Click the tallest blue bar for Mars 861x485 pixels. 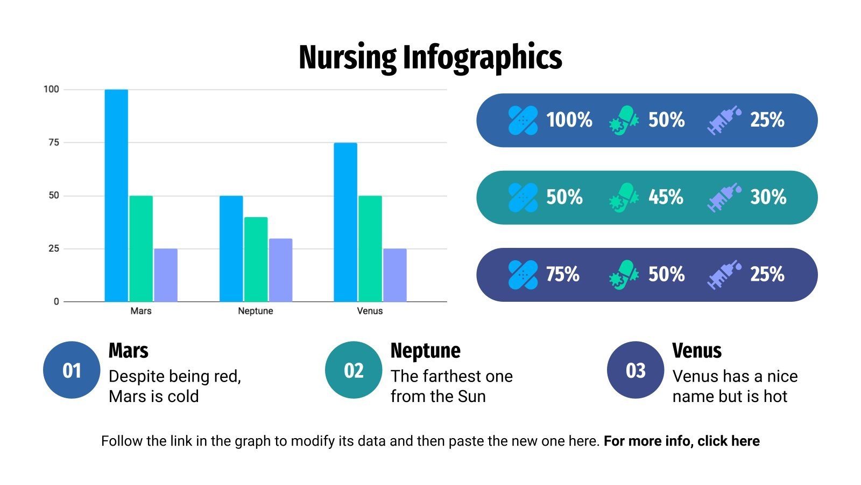pos(116,195)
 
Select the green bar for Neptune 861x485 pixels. pos(256,259)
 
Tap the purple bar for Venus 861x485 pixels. pos(394,275)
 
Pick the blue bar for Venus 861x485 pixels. pos(345,222)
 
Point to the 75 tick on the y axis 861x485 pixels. pos(54,142)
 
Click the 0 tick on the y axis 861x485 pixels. pos(56,302)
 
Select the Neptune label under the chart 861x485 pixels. pos(256,311)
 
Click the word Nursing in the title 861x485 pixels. pos(347,58)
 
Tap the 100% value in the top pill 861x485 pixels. pos(569,120)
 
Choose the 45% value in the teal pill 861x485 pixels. pos(666,197)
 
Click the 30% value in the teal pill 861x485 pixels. pos(768,197)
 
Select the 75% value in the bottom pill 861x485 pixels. pos(562,274)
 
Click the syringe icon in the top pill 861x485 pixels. pos(723,120)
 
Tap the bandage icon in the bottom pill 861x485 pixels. pos(523,274)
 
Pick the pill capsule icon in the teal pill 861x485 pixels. pos(624,197)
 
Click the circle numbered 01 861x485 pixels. pos(72,370)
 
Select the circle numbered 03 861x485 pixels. pos(636,370)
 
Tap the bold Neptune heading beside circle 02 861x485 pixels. pos(425,351)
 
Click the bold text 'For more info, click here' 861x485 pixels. pos(681,441)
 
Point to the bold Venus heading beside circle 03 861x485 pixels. pos(696,351)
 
